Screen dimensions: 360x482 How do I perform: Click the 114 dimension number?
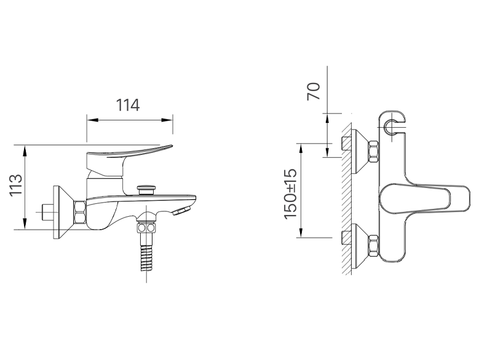[x=129, y=105]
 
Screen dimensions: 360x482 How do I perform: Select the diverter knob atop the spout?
[x=146, y=188]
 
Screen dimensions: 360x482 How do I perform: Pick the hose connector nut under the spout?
[x=147, y=228]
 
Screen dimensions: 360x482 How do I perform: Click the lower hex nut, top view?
[x=373, y=246]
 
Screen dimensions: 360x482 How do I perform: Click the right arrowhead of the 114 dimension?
[x=171, y=119]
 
